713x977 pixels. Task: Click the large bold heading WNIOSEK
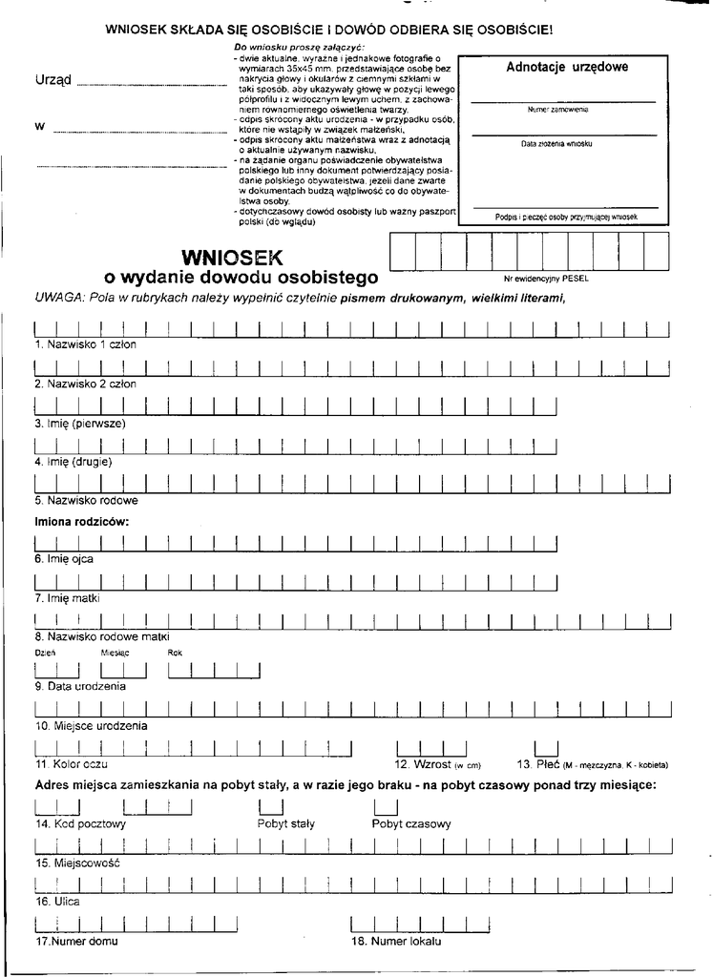[x=226, y=257]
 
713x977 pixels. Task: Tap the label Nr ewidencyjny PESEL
[x=547, y=281]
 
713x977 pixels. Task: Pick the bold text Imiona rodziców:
[x=81, y=522]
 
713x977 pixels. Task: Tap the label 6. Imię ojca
[x=64, y=559]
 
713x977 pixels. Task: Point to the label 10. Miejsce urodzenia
[x=91, y=725]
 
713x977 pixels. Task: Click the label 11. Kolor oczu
[x=72, y=764]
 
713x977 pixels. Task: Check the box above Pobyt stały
[x=268, y=807]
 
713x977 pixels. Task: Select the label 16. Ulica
[x=57, y=901]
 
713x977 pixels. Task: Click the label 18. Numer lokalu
[x=396, y=942]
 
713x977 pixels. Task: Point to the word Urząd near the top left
[x=53, y=80]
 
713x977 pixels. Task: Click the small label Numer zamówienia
[x=557, y=110]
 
